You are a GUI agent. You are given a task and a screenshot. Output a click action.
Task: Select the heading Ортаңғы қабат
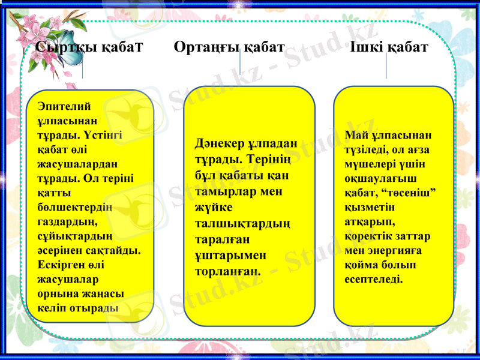(229, 47)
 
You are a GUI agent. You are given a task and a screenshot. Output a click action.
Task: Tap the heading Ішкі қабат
(389, 47)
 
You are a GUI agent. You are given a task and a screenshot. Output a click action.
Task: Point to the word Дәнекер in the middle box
(220, 144)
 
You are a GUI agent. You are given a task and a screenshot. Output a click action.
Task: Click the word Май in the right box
(356, 134)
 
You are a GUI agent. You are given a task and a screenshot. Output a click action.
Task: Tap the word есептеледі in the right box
(374, 279)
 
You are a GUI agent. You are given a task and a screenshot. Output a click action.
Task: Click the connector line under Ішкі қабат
(386, 67)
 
